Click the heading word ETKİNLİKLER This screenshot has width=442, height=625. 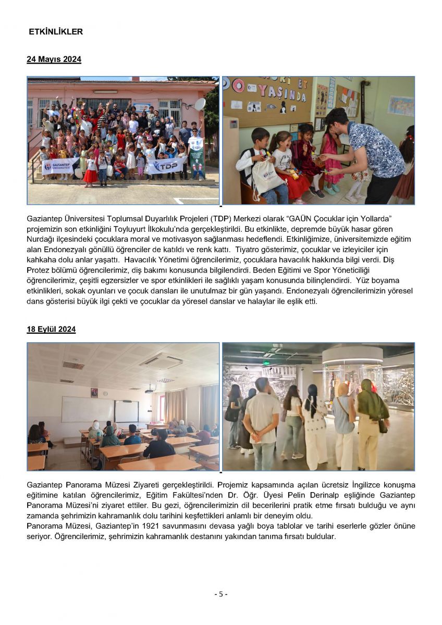click(56, 32)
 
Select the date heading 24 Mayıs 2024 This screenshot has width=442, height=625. click(54, 59)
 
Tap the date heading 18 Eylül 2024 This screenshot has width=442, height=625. click(51, 329)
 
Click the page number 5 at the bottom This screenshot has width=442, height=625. click(220, 594)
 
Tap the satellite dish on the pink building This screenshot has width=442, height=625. click(200, 104)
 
